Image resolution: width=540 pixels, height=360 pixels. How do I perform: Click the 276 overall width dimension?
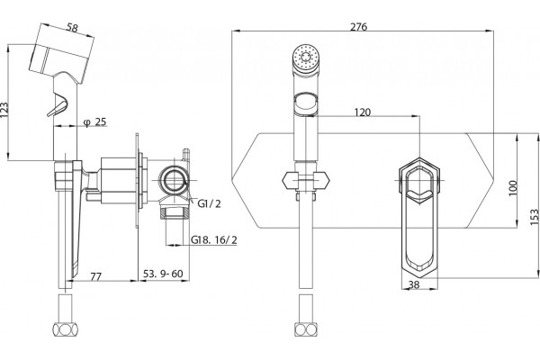(358, 26)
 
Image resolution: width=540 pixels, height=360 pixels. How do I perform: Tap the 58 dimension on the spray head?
(72, 28)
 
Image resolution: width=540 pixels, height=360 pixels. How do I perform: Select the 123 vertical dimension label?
(4, 110)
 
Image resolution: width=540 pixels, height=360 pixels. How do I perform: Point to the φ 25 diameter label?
(95, 121)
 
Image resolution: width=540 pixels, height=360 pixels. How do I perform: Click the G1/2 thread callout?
(209, 203)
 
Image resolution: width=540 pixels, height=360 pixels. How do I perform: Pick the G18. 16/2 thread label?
(214, 239)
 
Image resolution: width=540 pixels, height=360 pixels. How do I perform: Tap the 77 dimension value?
(96, 276)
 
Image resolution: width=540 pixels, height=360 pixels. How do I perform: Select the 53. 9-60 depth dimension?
(163, 274)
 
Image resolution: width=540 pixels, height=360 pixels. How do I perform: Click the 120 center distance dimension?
(363, 112)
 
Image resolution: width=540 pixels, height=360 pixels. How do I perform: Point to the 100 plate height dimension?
(513, 188)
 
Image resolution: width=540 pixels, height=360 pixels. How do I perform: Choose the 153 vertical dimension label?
(534, 217)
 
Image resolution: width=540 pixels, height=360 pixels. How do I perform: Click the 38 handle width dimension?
(414, 284)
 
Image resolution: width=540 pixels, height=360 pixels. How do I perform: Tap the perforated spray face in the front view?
(305, 56)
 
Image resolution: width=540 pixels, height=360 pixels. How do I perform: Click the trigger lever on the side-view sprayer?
(58, 105)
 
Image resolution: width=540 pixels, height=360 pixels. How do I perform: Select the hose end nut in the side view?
(66, 329)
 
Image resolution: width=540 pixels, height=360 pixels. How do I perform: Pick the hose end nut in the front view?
(306, 329)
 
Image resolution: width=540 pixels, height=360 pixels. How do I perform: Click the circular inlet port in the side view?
(175, 180)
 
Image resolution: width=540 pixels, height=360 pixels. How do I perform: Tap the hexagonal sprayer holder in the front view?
(305, 181)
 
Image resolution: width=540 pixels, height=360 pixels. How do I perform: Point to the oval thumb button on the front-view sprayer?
(305, 103)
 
